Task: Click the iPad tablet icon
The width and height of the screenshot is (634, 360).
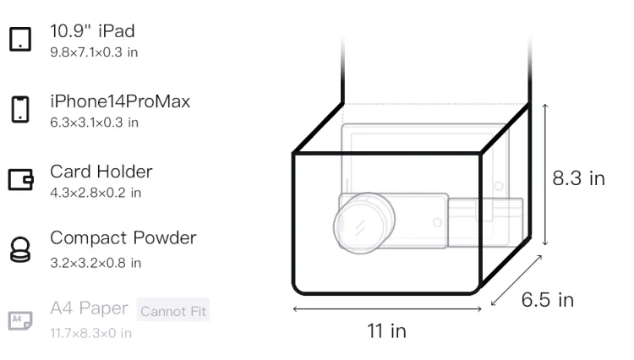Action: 20,39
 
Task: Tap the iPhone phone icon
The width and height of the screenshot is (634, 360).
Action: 20,109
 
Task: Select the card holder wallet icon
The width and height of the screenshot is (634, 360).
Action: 20,179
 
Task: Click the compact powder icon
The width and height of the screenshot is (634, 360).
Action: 20,249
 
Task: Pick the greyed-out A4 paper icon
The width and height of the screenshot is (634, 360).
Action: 20,320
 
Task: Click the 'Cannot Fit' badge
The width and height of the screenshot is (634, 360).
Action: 173,311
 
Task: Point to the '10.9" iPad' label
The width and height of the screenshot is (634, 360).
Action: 92,31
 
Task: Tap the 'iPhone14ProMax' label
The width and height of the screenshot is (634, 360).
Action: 120,101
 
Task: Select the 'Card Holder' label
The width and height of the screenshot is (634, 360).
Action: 101,172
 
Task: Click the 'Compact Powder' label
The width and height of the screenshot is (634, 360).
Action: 123,238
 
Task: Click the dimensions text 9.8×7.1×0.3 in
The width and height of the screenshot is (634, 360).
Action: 94,52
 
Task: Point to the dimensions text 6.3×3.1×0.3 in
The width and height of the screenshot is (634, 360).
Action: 94,123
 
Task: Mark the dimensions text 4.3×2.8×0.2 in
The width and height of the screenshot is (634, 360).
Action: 96,193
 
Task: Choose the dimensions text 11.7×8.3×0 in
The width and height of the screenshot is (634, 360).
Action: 91,333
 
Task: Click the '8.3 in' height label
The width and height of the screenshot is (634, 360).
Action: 578,178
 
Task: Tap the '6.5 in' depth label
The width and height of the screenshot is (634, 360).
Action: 548,300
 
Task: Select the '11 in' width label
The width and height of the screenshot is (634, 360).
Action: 386,331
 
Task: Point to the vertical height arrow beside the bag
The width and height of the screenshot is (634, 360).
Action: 545,175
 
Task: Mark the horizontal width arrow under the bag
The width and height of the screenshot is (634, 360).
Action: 387,309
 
